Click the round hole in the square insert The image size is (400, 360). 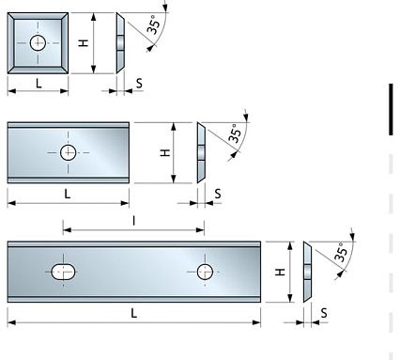point(38,42)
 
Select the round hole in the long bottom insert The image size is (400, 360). point(205,272)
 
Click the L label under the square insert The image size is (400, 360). point(38,84)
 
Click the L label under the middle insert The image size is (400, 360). point(69,193)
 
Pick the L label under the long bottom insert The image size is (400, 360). point(133,313)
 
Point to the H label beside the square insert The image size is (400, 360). point(83,43)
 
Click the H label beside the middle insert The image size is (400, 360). point(165,152)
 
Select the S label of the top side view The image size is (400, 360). point(139,84)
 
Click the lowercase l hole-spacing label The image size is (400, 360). point(134,220)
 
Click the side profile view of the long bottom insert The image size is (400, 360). point(307,272)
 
